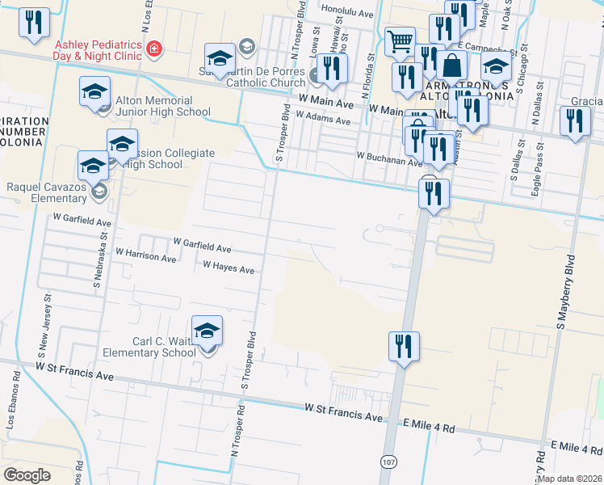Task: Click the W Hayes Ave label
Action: [229, 268]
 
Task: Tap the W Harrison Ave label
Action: [145, 255]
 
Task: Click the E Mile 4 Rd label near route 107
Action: [433, 425]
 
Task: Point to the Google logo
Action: [27, 474]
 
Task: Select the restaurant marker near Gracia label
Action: [574, 122]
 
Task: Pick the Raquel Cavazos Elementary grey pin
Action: [99, 192]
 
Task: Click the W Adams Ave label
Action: [323, 118]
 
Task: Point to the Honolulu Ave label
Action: [347, 14]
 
